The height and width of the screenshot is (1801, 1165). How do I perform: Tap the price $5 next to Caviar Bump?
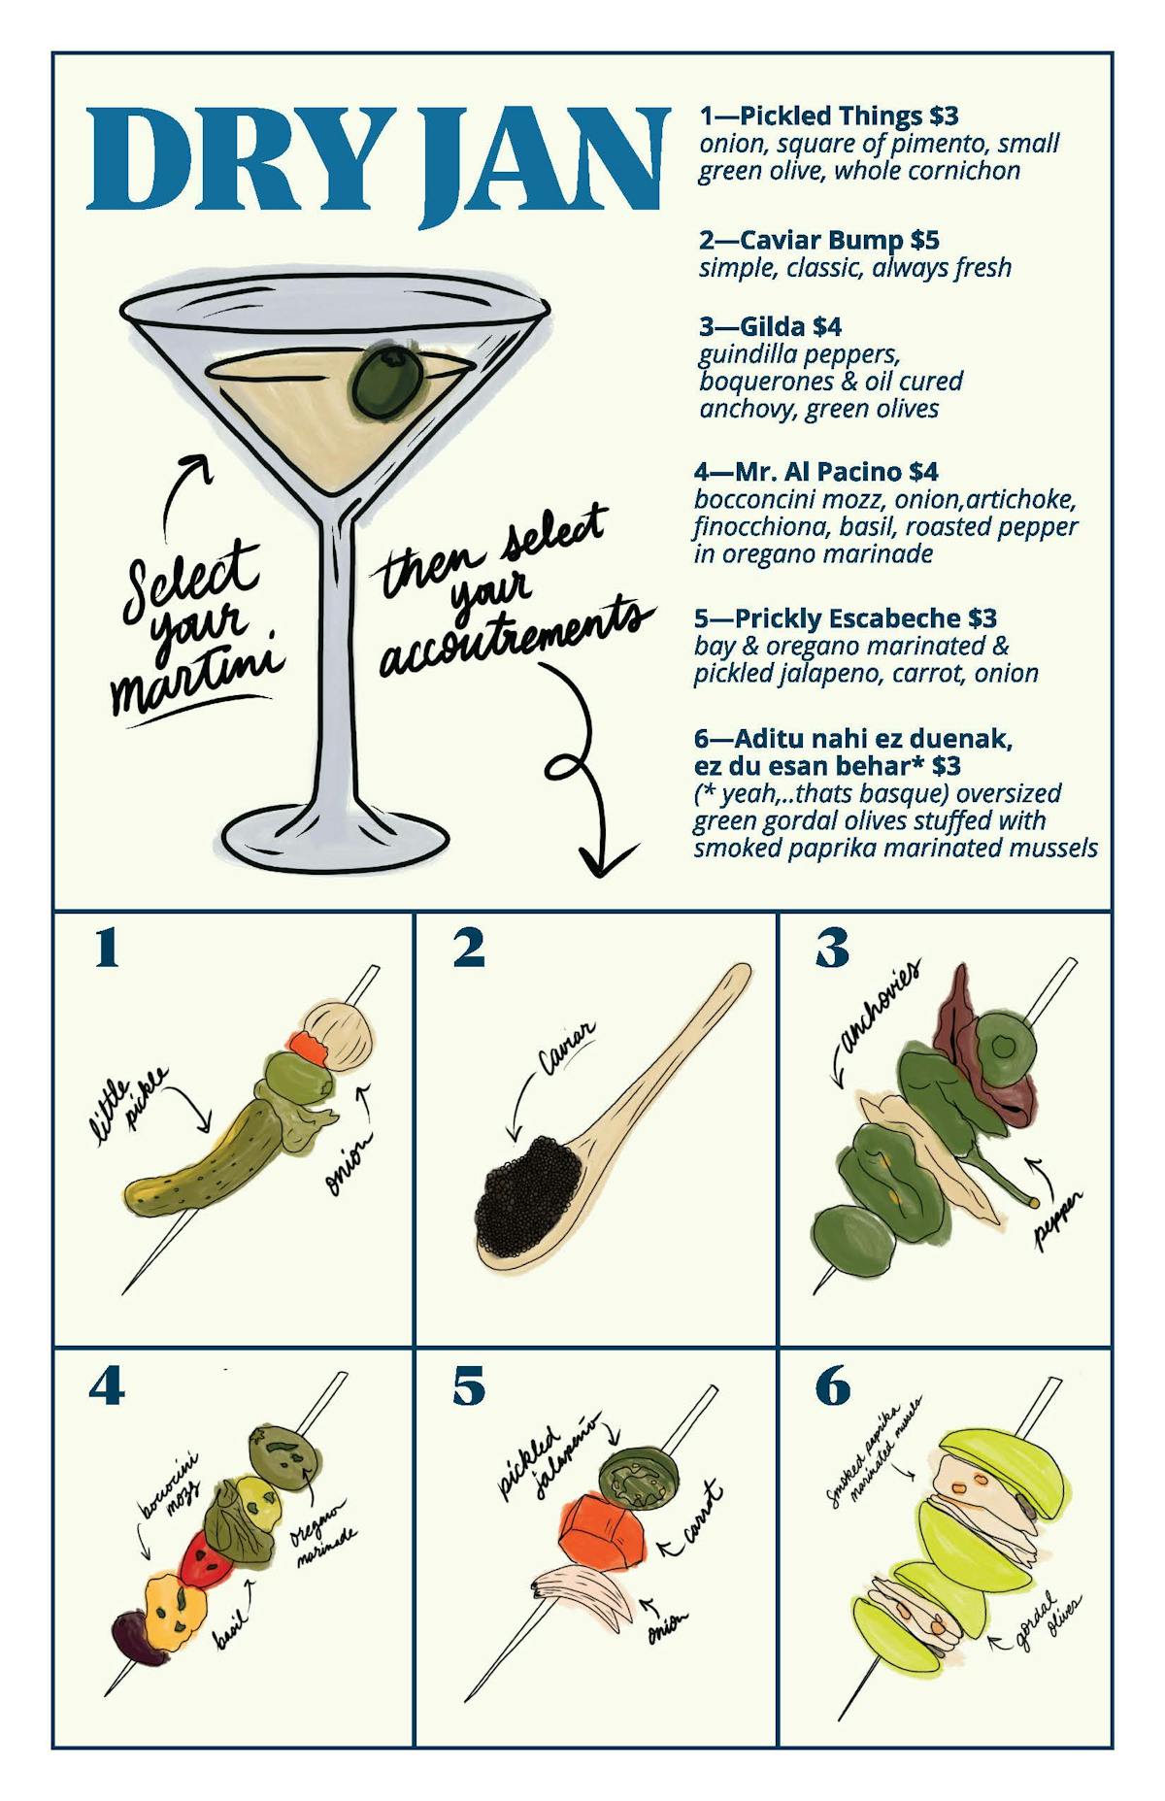924,240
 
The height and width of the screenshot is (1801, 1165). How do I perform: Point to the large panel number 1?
107,948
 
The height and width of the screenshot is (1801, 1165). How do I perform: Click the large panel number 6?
833,1385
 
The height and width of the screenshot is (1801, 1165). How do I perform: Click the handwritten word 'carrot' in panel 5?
704,1514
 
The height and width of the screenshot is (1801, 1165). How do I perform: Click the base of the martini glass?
336,838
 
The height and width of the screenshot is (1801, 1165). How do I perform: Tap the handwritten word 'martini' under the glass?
199,677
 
